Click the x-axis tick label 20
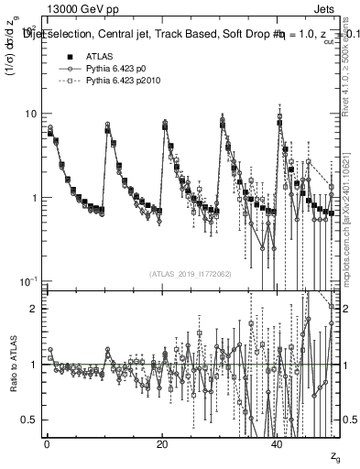point(162,443)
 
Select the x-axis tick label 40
point(278,443)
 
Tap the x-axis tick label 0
point(47,443)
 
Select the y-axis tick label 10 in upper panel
point(31,114)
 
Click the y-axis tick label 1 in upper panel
point(34,198)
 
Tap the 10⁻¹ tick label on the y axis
point(29,281)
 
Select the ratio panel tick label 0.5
point(30,420)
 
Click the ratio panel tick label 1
point(34,365)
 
